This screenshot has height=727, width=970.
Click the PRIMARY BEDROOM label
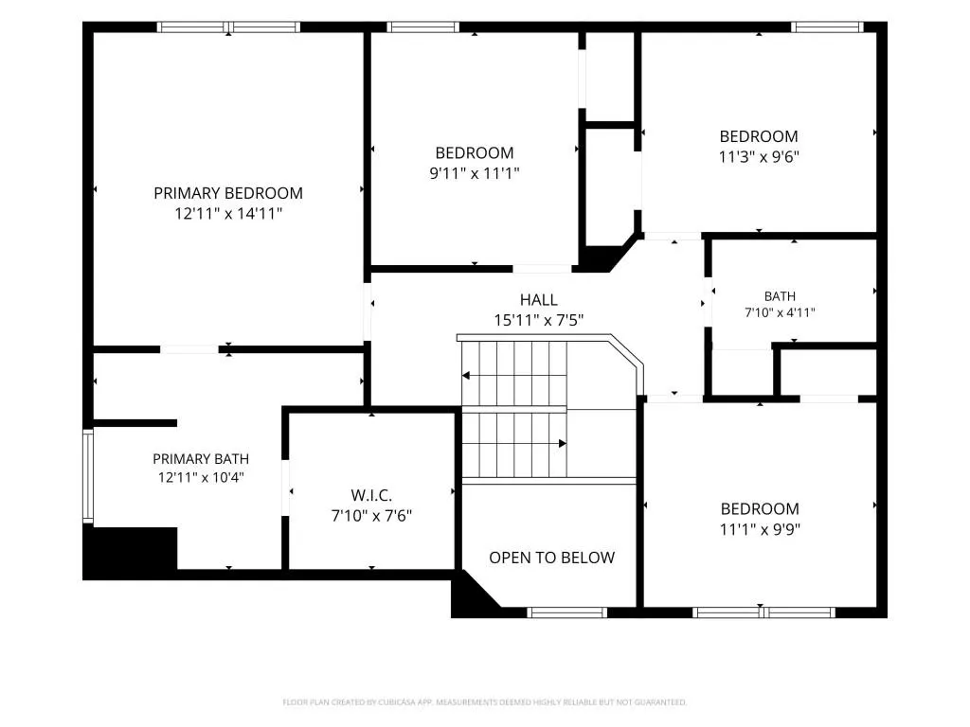tap(228, 193)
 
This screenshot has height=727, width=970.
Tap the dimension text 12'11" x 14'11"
tap(228, 214)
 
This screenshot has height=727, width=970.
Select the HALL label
tap(539, 300)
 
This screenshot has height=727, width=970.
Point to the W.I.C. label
tap(371, 495)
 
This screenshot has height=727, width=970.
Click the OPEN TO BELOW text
tap(552, 558)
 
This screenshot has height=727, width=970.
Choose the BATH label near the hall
tap(780, 296)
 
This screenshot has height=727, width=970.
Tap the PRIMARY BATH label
tap(201, 459)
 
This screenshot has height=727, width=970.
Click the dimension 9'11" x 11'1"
tap(475, 174)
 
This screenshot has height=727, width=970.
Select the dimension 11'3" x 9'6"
tap(759, 157)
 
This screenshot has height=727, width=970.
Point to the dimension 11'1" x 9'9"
tap(760, 530)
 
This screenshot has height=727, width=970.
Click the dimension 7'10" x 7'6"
tap(371, 516)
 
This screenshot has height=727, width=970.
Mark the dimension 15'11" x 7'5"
tap(539, 320)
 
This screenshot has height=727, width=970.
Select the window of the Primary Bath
tap(88, 476)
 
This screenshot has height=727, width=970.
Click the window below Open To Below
tap(567, 612)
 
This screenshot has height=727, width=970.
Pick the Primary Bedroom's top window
tap(228, 27)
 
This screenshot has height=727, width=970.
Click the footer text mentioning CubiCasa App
tap(484, 702)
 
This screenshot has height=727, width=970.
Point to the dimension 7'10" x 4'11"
tap(780, 312)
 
